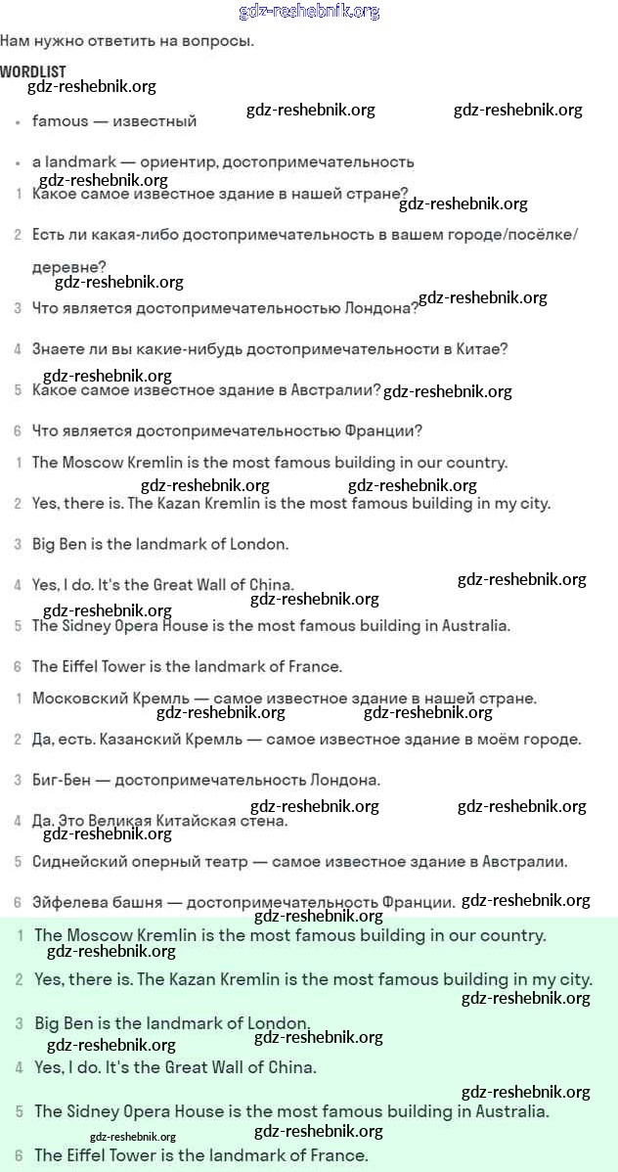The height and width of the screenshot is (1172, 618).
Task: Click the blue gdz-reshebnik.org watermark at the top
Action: click(309, 12)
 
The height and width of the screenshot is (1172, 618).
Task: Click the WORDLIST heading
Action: click(33, 72)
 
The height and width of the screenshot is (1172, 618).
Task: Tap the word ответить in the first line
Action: click(130, 41)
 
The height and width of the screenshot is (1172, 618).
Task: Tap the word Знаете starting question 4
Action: click(58, 349)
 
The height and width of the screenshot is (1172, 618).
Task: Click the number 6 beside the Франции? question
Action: click(18, 430)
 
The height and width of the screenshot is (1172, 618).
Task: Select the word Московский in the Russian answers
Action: click(77, 699)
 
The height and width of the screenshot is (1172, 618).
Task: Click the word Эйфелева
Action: click(69, 903)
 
